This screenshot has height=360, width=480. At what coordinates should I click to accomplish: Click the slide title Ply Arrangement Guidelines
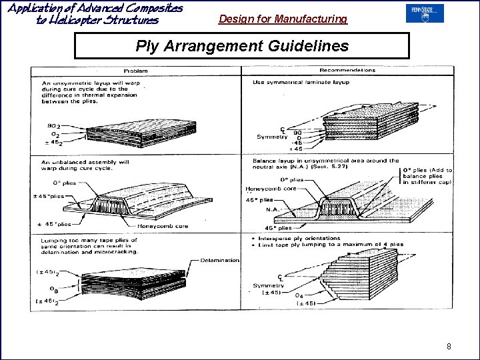241,46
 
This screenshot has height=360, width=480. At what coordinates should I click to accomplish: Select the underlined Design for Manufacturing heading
283,19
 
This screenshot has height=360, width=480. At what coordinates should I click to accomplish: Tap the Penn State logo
424,13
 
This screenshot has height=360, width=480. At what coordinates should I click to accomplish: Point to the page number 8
449,346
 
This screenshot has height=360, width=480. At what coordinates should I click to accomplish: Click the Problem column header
135,70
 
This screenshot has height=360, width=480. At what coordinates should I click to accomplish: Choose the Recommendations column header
347,70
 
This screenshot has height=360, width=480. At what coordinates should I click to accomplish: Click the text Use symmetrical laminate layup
301,83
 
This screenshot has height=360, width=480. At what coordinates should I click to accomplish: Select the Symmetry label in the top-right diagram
272,137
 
